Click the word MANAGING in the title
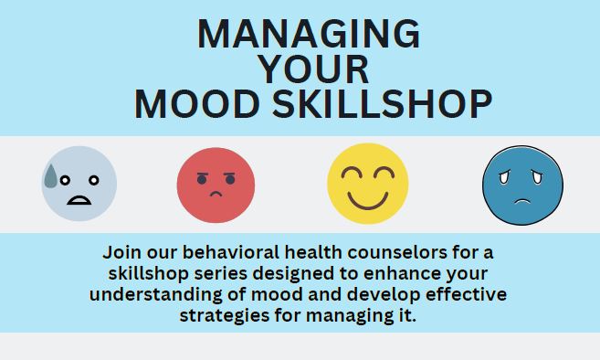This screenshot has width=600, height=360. pyautogui.click(x=309, y=35)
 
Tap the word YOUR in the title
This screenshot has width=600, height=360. pyautogui.click(x=313, y=69)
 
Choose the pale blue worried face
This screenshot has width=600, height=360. pyautogui.click(x=79, y=185)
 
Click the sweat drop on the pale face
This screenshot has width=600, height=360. pyautogui.click(x=51, y=175)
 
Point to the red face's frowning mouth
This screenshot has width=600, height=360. pyautogui.click(x=216, y=196)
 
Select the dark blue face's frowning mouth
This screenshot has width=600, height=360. pyautogui.click(x=523, y=201)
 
